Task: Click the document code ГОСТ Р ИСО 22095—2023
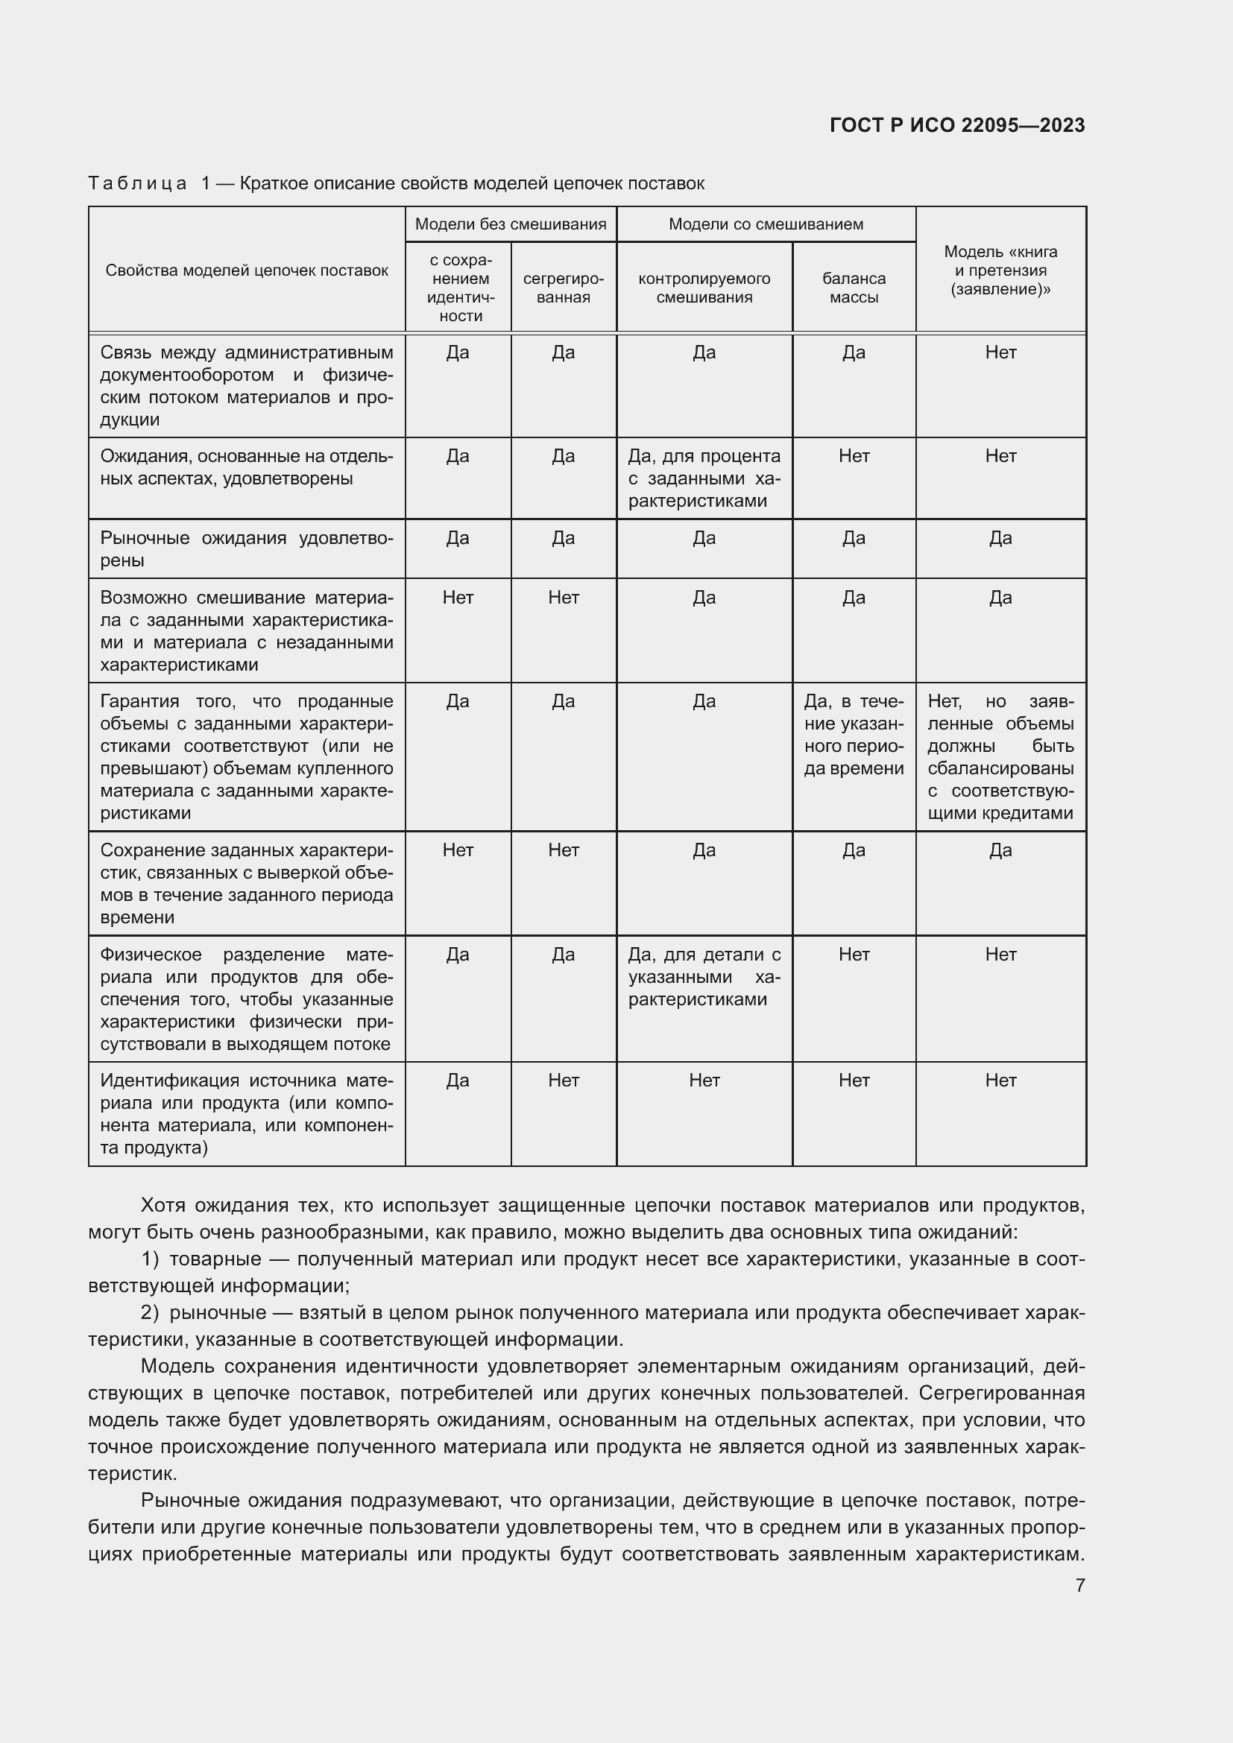(956, 125)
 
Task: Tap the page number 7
(1079, 1585)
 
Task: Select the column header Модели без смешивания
(510, 224)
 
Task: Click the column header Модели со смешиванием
(766, 224)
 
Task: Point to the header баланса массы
(854, 288)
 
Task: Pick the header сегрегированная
(564, 288)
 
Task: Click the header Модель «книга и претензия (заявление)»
(1000, 271)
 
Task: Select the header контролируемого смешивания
(704, 288)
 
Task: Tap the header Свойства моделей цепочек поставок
(247, 271)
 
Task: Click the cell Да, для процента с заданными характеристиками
(704, 478)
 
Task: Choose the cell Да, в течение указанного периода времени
(854, 735)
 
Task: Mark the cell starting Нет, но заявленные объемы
(1000, 757)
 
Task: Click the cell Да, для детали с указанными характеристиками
(704, 977)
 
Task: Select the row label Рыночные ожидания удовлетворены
(247, 549)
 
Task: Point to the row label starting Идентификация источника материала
(247, 1113)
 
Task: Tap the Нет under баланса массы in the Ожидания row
(854, 456)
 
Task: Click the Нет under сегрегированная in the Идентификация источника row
(564, 1081)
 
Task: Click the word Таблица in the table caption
(137, 184)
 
